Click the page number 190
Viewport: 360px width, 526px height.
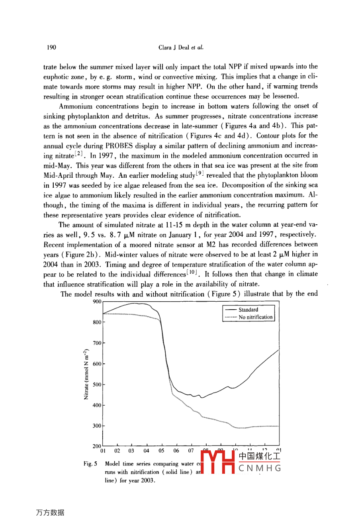coord(51,47)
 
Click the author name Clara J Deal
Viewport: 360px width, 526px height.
coord(174,47)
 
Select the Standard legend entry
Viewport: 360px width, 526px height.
coord(248,310)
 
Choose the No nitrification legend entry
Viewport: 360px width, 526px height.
coord(255,317)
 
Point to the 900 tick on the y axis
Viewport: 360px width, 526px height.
coord(97,302)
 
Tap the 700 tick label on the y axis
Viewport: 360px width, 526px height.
coord(97,343)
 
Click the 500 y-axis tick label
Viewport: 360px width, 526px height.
coord(97,385)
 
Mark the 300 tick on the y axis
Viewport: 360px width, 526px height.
coord(97,426)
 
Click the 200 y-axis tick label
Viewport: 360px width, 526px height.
coord(97,446)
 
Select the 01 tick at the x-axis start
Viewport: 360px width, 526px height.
coord(103,451)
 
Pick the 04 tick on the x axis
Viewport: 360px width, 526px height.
coord(147,451)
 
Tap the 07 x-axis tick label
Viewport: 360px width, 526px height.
coord(191,451)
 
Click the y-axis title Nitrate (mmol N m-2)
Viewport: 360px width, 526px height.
coord(86,374)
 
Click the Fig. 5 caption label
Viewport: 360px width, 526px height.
coord(90,464)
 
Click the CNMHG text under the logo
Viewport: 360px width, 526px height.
coord(260,468)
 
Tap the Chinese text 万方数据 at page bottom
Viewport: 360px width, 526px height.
coord(50,513)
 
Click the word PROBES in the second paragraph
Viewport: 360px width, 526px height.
coord(118,146)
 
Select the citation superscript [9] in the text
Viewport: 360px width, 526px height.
coord(200,174)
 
